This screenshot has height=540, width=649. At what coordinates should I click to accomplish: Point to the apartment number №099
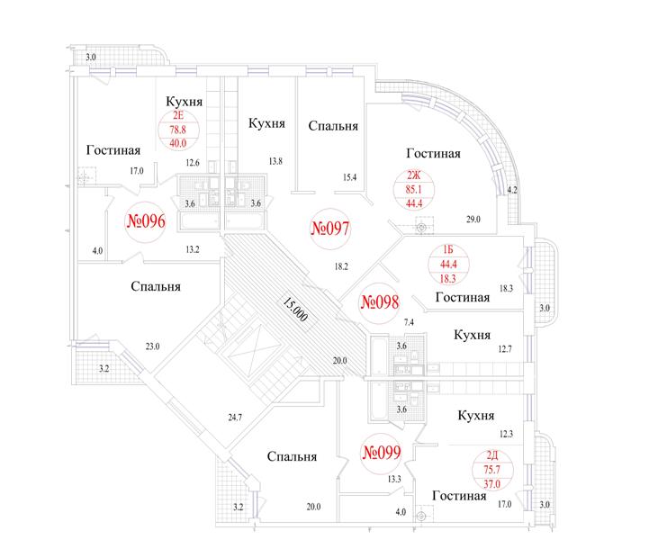coord(380,453)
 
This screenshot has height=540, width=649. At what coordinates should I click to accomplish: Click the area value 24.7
coord(236,416)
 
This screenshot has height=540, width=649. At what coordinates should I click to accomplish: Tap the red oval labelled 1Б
coord(446,264)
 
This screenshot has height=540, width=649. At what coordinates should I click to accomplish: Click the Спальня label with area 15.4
coord(333,127)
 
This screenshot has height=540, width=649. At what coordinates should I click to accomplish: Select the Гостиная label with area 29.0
coord(432,154)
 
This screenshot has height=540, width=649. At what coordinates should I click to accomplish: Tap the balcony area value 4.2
coord(512,190)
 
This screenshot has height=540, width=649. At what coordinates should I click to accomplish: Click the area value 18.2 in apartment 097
coord(340,267)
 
